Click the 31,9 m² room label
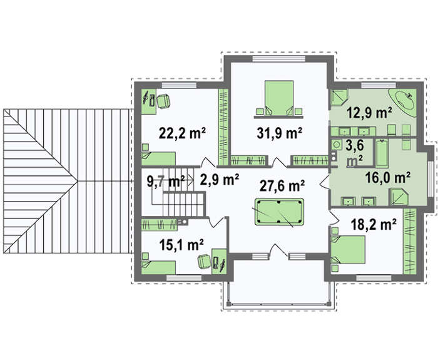point(279,133)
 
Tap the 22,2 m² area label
point(182,133)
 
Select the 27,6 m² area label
point(282,186)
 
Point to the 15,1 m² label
point(181,245)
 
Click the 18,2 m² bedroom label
point(374,224)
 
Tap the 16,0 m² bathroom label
point(388,177)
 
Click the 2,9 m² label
point(220,180)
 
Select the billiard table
point(279,212)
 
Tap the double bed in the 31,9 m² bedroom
point(279,98)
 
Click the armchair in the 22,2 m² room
point(163,101)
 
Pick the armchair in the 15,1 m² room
point(204,262)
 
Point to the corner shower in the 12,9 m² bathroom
point(339,97)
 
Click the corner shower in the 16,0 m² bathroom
point(399,197)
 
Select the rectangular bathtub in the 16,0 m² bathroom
point(382,153)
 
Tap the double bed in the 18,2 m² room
point(348,250)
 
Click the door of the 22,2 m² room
point(208,162)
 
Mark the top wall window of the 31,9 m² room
point(279,59)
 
